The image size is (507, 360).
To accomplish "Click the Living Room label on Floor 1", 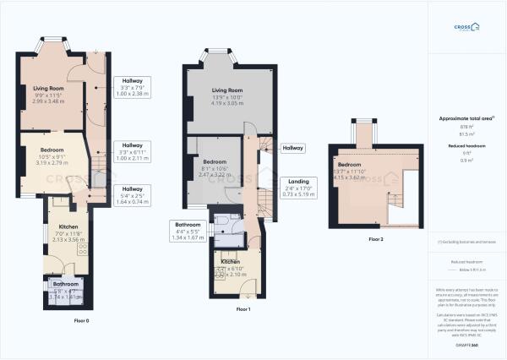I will (x=227, y=90).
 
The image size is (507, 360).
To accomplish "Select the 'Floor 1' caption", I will (x=243, y=310).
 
